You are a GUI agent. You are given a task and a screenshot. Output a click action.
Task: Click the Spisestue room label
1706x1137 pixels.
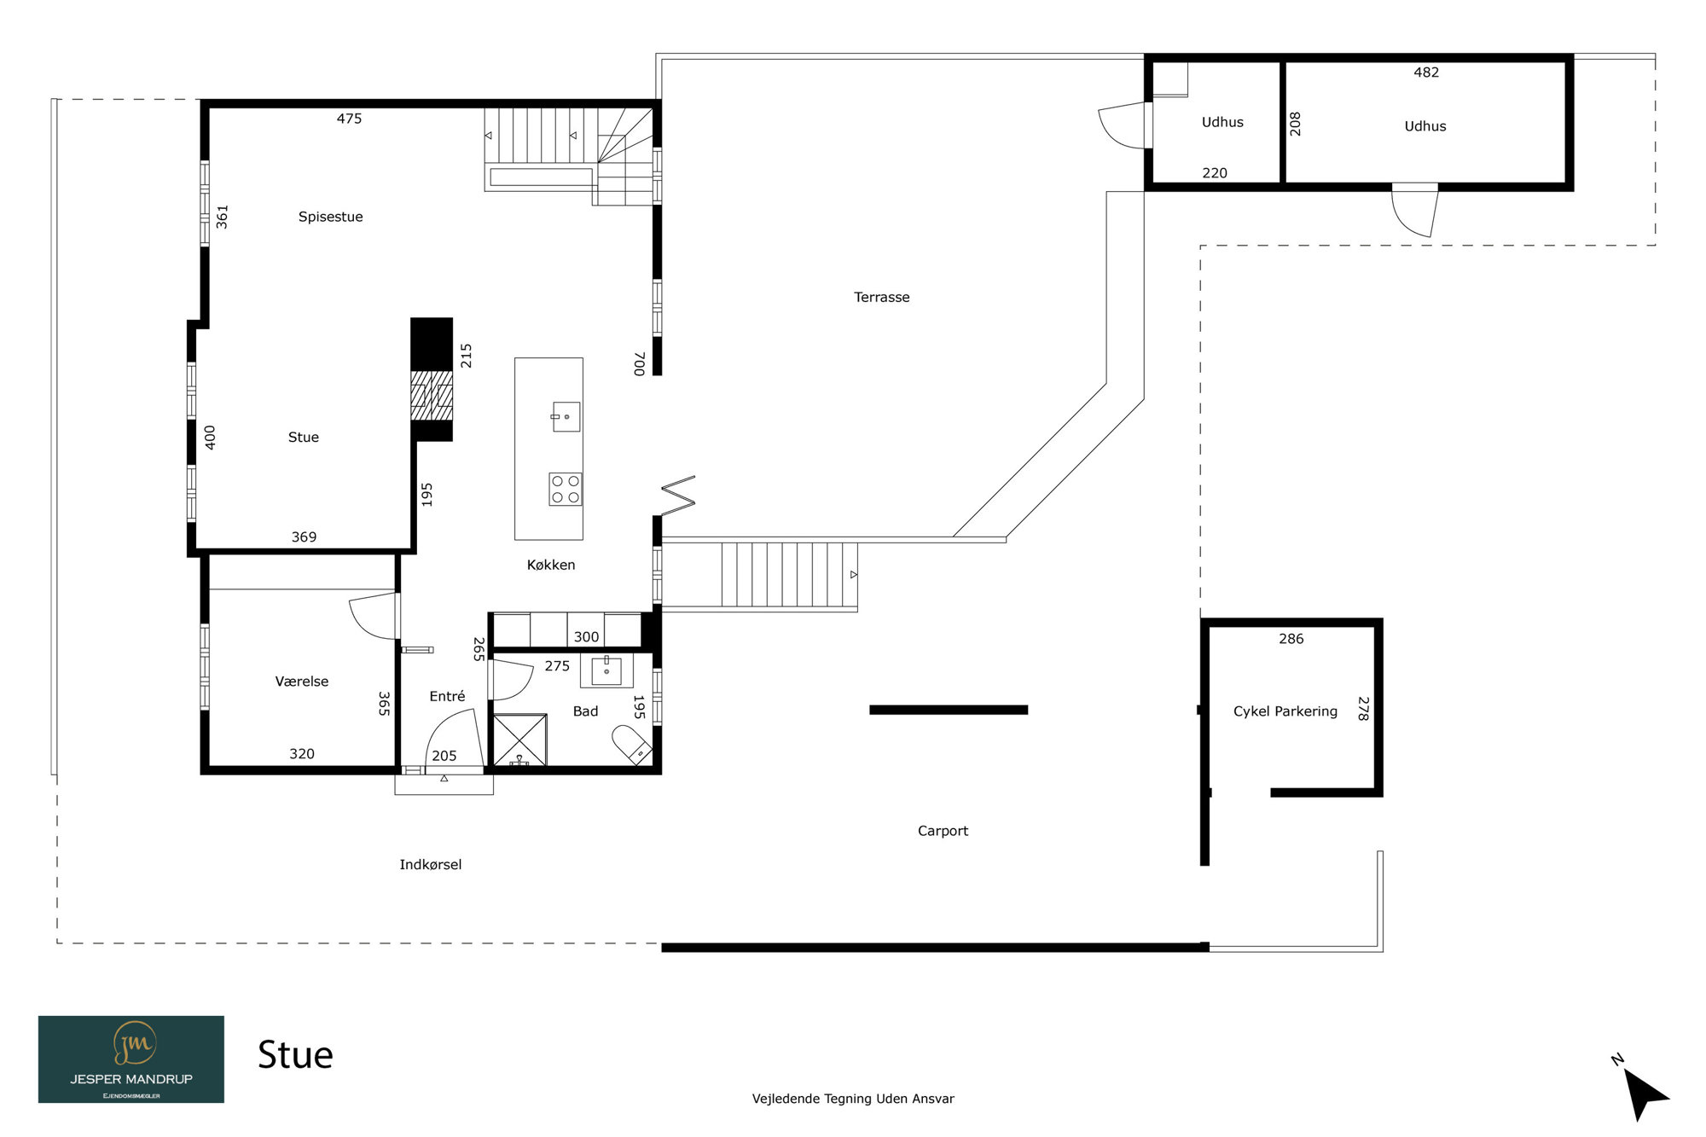tap(330, 217)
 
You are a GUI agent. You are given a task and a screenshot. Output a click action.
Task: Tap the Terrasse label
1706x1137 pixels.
tap(881, 297)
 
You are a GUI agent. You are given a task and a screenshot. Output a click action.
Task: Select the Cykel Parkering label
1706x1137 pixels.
tap(1285, 711)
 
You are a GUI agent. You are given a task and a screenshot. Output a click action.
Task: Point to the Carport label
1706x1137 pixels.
tap(943, 831)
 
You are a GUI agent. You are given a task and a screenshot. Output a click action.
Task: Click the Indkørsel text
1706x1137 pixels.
tap(430, 864)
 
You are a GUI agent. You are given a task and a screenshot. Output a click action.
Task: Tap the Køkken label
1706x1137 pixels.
tap(550, 565)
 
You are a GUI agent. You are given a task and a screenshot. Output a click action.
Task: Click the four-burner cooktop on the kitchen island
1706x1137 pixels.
tap(565, 489)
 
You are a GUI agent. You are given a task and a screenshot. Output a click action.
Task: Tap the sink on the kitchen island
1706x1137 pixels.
tap(566, 417)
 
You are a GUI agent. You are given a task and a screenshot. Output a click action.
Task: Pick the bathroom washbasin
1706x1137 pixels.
tap(606, 670)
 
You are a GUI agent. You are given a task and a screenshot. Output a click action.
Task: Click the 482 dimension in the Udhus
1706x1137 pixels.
tap(1426, 73)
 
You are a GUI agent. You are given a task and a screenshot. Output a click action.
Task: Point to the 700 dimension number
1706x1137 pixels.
tap(639, 364)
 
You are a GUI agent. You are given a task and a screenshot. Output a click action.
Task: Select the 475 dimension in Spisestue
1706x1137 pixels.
tap(349, 119)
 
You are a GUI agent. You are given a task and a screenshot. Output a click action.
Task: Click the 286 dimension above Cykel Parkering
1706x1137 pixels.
tap(1291, 639)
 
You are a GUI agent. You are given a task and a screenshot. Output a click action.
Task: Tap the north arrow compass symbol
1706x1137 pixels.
tap(1643, 1091)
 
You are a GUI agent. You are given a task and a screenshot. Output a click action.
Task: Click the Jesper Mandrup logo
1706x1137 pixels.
tap(131, 1059)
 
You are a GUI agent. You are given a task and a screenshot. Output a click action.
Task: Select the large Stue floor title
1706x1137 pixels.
tap(295, 1055)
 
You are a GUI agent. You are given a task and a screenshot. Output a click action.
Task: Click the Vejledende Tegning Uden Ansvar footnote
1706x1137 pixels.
tap(853, 1099)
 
